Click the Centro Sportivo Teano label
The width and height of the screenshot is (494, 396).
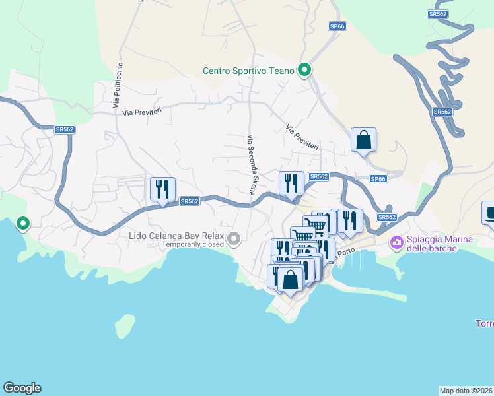click(249, 71)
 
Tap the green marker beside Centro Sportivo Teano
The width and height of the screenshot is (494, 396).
click(304, 69)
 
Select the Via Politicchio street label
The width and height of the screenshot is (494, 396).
click(118, 85)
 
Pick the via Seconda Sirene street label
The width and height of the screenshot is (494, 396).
click(251, 164)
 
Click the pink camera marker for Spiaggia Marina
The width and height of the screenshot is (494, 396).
click(396, 243)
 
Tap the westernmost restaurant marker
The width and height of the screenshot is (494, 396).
click(162, 189)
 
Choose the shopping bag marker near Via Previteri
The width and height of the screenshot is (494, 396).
click(363, 140)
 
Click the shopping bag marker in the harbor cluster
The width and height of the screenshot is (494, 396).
click(290, 279)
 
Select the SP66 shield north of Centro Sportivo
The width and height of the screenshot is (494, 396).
click(337, 26)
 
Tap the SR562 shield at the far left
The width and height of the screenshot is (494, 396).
click(64, 130)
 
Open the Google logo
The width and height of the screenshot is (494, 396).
click(22, 388)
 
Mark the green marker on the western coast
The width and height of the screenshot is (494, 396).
click(23, 224)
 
